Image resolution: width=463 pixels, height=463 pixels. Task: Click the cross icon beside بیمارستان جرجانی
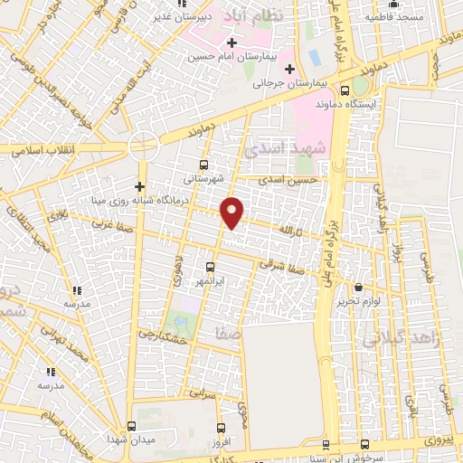(289, 70)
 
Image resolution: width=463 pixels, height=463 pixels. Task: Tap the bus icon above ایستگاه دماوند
(345, 90)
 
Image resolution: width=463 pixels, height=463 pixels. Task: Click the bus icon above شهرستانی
(203, 165)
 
